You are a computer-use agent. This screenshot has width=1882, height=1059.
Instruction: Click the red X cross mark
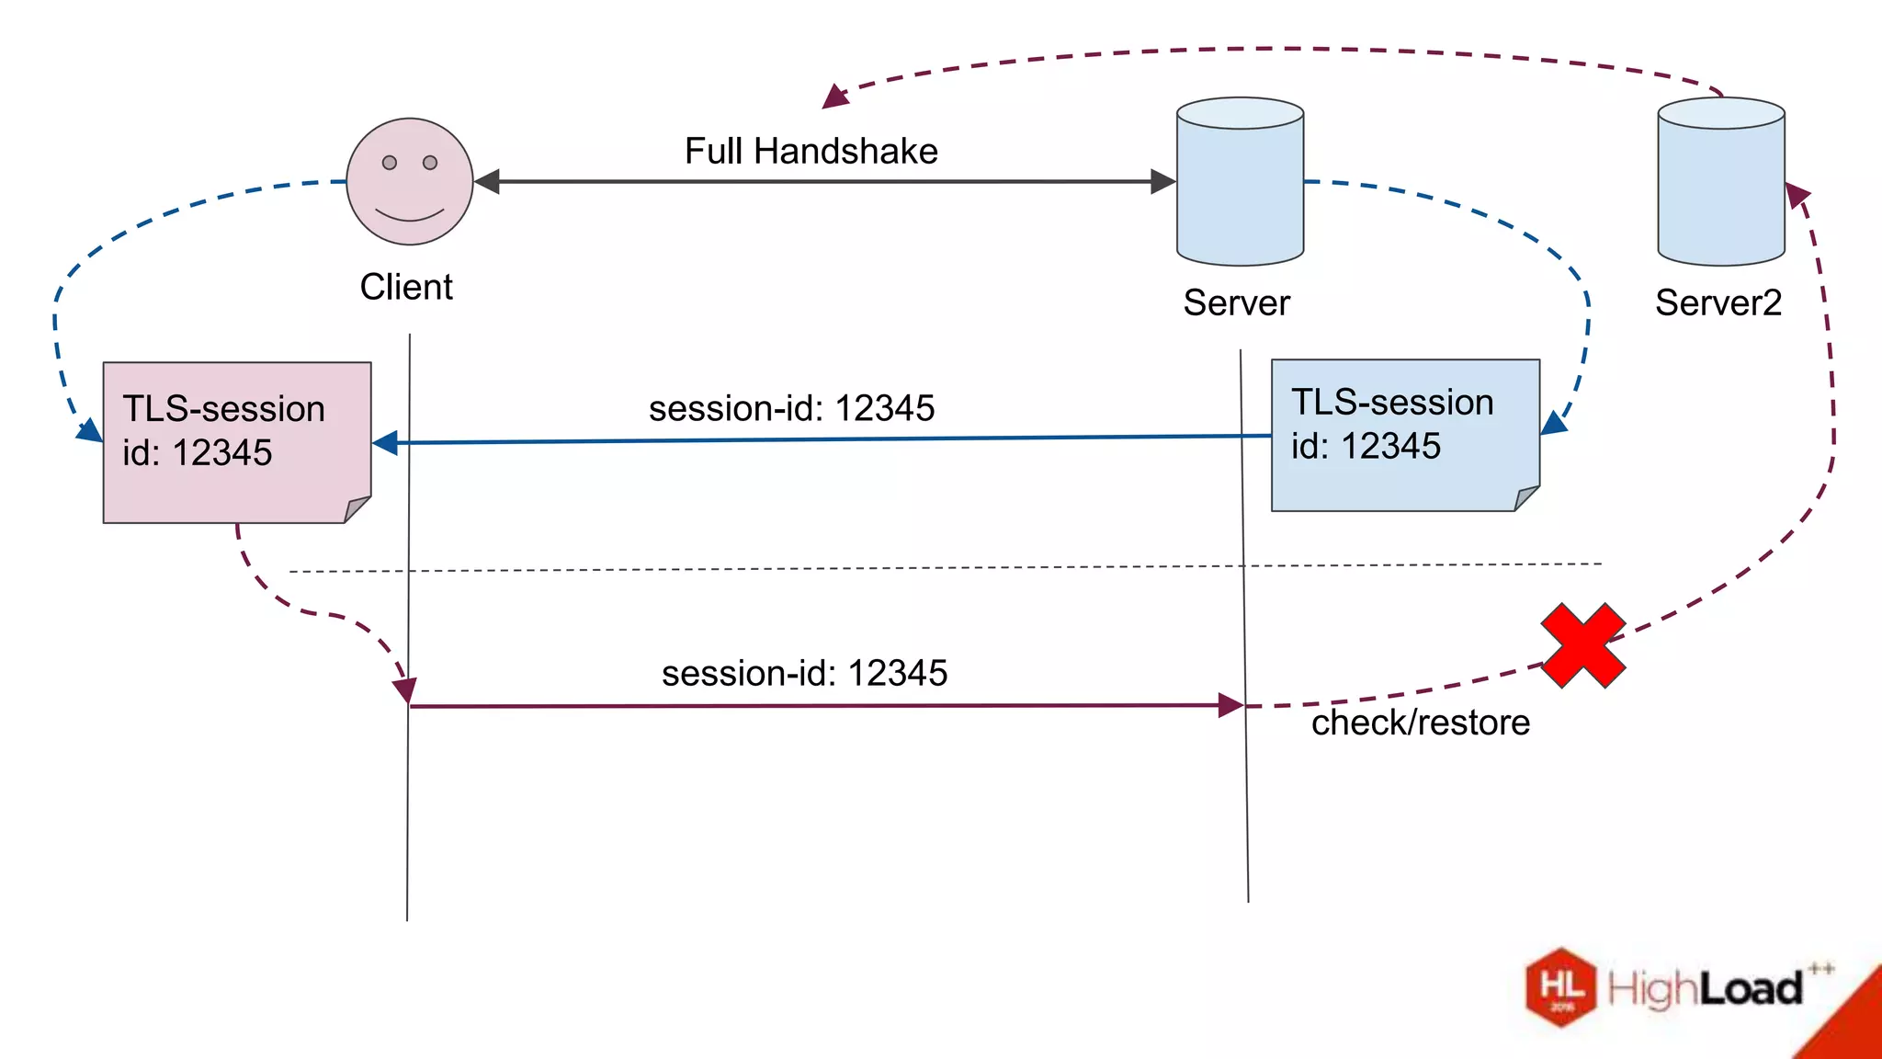click(1582, 645)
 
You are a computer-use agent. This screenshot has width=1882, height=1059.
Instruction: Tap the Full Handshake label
click(811, 151)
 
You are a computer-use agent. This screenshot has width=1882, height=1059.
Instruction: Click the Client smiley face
click(410, 182)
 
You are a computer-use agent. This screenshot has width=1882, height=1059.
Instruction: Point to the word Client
click(406, 287)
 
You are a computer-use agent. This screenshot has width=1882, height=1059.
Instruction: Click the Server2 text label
click(1718, 302)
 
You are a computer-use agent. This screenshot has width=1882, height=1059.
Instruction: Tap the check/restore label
click(1420, 723)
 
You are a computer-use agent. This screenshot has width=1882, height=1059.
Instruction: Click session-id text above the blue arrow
click(791, 408)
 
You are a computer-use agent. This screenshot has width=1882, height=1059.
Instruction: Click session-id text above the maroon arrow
click(804, 673)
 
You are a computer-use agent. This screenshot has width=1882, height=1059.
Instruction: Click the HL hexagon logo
click(1560, 987)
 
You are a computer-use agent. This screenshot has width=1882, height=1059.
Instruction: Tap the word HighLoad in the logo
click(1705, 989)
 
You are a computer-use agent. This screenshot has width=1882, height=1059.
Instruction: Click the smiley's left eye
click(390, 163)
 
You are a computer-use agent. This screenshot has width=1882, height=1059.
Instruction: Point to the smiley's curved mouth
click(410, 216)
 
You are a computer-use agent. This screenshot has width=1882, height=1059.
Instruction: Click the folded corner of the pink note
click(357, 509)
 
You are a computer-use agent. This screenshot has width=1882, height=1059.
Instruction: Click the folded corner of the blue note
click(1525, 498)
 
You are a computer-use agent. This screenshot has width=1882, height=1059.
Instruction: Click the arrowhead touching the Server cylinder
click(1163, 182)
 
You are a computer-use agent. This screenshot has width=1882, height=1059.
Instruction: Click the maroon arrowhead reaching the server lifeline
click(1230, 706)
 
